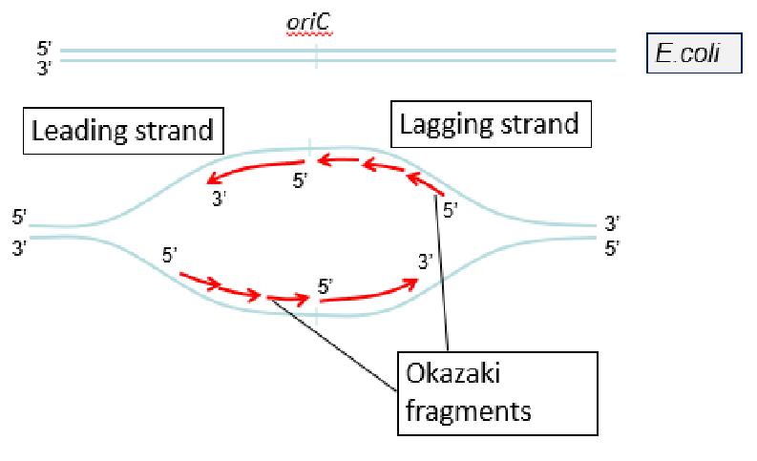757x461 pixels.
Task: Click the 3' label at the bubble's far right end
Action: [612, 224]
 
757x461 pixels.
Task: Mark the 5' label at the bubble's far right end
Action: [612, 248]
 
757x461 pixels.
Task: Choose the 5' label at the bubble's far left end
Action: [19, 218]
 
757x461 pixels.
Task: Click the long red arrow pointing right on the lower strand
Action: [368, 292]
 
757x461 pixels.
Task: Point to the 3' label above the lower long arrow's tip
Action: [426, 259]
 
